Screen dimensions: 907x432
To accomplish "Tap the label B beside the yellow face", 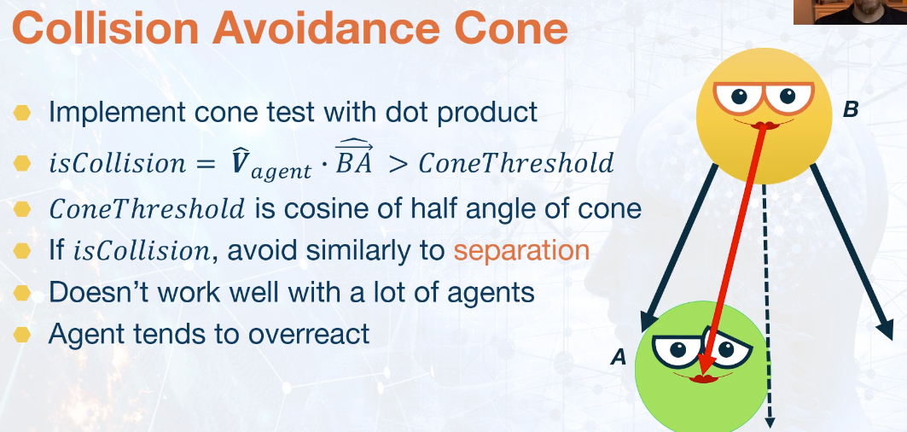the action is (x=850, y=109).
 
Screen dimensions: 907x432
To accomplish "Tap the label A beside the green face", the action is (x=619, y=358).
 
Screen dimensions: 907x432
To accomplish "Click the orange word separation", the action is (x=521, y=250).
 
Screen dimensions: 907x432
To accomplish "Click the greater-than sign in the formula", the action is (x=398, y=165).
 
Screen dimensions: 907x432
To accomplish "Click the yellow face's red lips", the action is (x=764, y=126).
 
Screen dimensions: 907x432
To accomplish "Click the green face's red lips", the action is (x=703, y=379).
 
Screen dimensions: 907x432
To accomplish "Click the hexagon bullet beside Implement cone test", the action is (x=22, y=113).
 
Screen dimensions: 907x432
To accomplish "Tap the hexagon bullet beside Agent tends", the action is (x=22, y=335).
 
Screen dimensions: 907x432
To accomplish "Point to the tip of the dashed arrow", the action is (x=770, y=428).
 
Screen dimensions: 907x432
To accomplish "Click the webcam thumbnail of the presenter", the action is (x=851, y=12).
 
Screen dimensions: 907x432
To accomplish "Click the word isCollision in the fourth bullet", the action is (x=142, y=251).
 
